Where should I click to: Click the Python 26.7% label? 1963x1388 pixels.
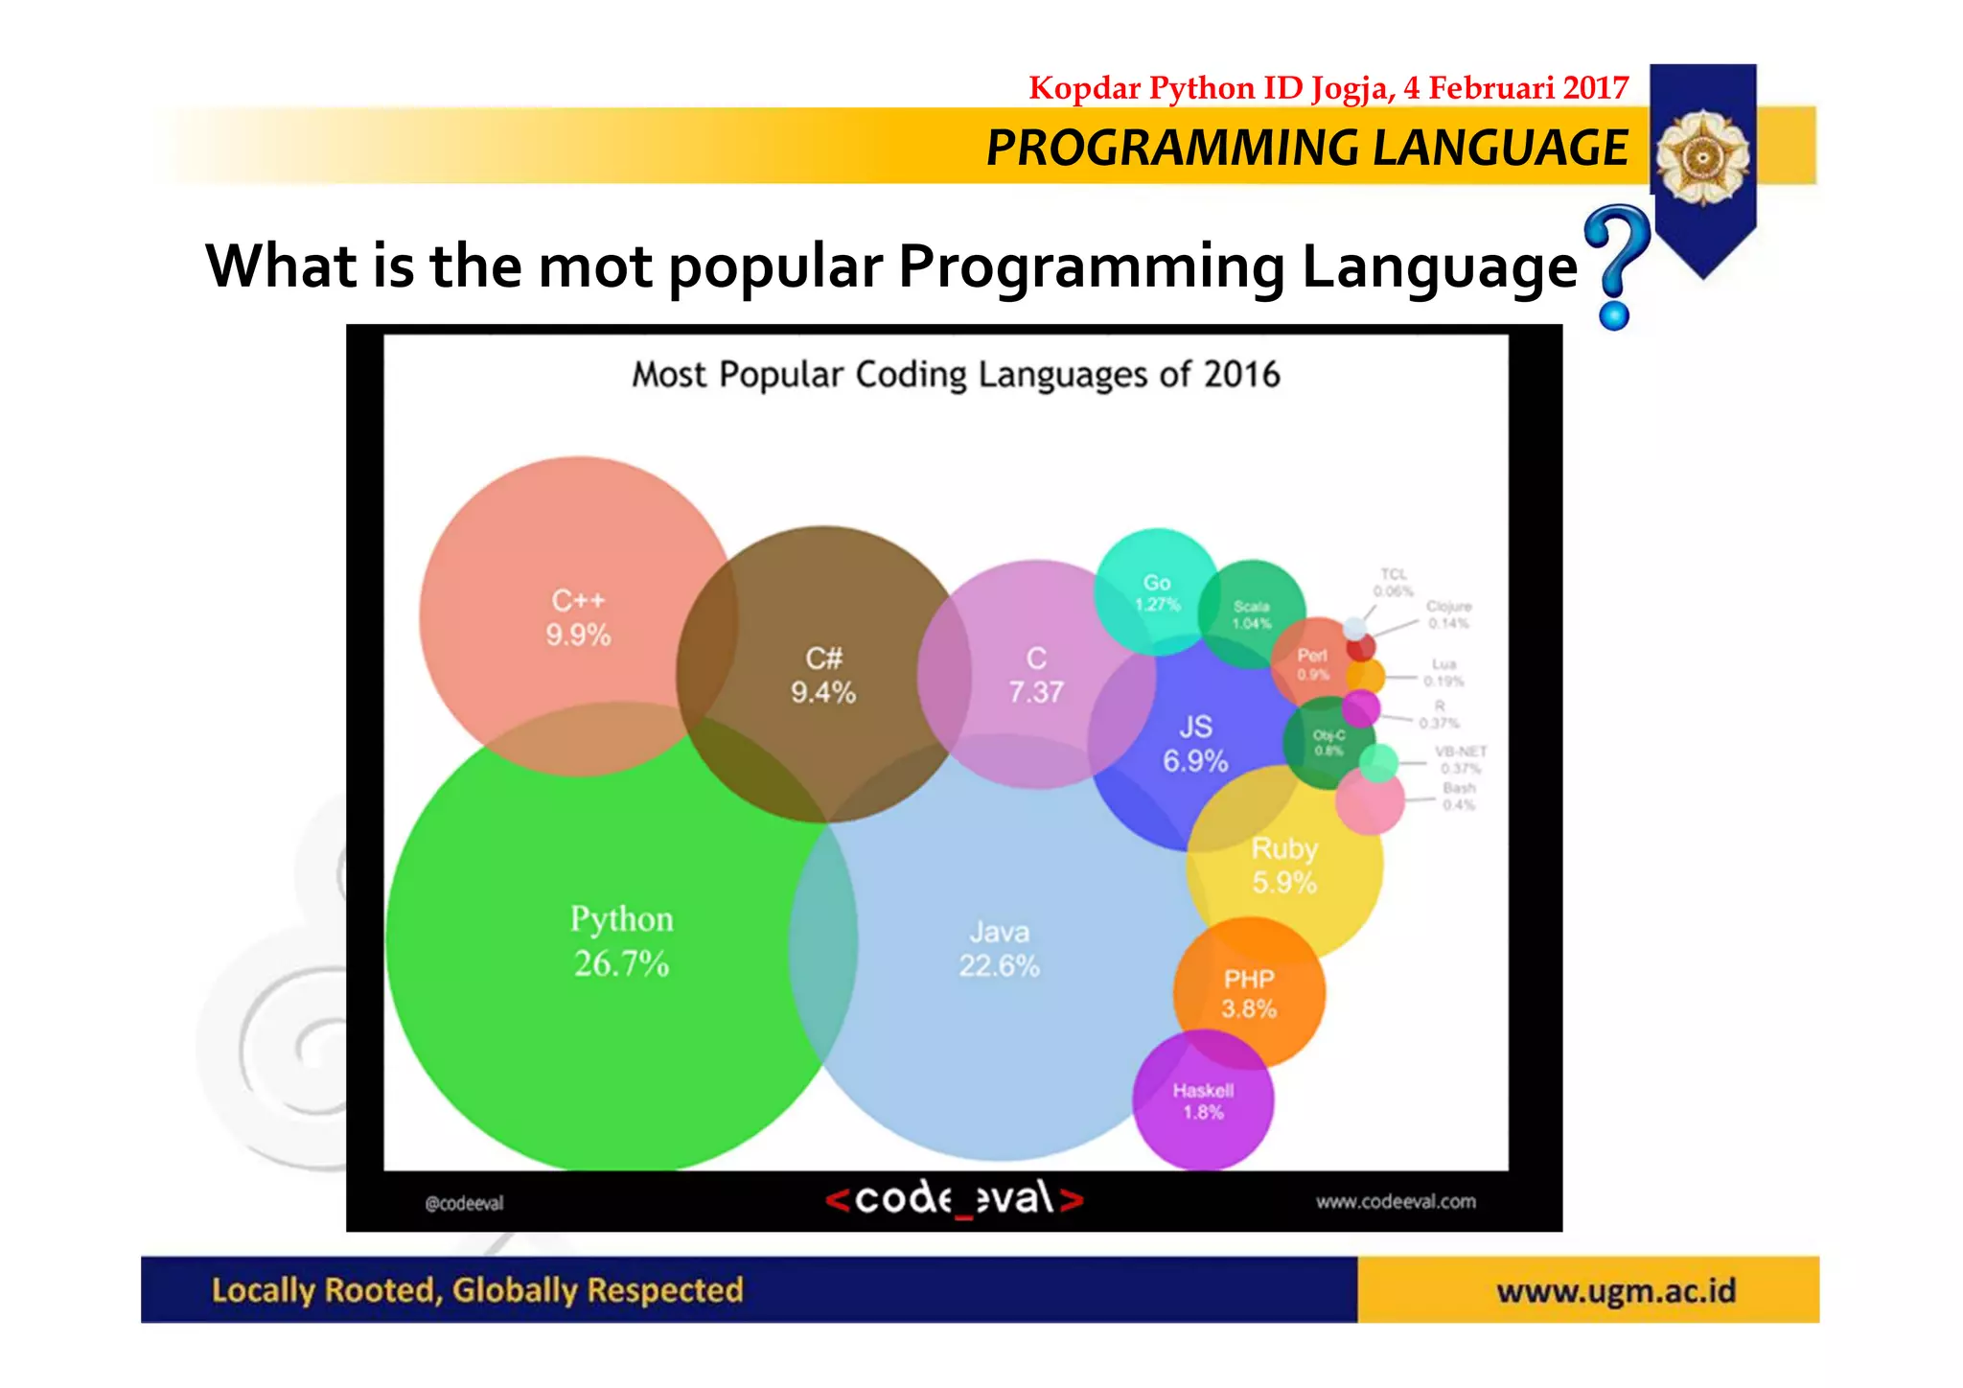coord(621,941)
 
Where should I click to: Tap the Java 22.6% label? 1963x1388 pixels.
coord(999,949)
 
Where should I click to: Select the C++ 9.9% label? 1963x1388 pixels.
coord(578,618)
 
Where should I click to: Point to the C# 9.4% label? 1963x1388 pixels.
coord(822,676)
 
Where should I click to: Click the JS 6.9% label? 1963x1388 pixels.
coord(1195,744)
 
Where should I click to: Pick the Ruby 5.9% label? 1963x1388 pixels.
coord(1284,866)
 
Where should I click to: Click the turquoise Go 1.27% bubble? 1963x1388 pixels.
coord(1157,592)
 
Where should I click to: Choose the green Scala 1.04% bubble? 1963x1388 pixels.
coord(1251,614)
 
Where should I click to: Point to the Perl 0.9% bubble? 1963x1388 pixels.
coord(1312,663)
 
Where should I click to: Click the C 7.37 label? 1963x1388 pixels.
coord(1036,676)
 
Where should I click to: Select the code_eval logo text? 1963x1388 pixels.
coord(954,1199)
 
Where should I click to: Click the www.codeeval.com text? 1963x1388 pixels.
coord(1395,1202)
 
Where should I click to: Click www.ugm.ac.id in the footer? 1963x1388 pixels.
coord(1616,1291)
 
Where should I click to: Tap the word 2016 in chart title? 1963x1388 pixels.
coord(1241,375)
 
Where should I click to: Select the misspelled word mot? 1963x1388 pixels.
coord(595,266)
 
